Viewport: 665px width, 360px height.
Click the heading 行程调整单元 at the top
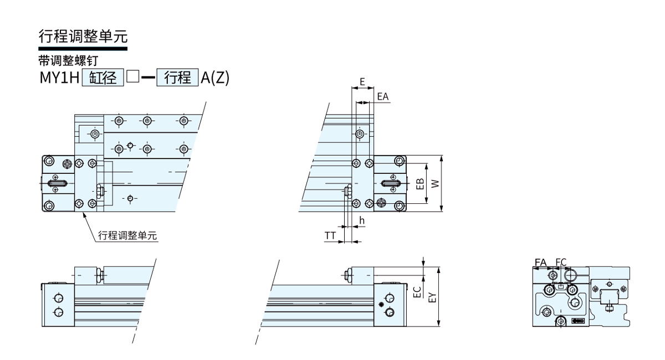(x=83, y=37)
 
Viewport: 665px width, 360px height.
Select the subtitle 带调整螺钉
(x=68, y=61)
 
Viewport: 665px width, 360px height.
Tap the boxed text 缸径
(x=103, y=78)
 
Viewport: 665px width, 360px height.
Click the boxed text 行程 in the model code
(x=177, y=78)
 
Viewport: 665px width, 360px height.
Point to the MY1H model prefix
(x=59, y=78)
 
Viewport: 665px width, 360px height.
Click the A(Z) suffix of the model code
(x=215, y=78)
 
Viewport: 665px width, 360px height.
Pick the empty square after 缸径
(x=132, y=76)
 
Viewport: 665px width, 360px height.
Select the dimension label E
(x=362, y=81)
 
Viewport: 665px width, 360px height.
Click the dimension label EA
(x=383, y=96)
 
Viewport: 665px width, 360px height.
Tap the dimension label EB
(x=420, y=184)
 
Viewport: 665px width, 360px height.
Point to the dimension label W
(x=435, y=184)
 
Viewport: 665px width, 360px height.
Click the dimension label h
(x=361, y=220)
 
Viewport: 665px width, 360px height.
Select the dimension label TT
(x=330, y=235)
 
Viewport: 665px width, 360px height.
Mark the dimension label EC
(x=417, y=292)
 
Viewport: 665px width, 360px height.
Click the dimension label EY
(x=433, y=297)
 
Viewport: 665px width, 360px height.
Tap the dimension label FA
(x=541, y=263)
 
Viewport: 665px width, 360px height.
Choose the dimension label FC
(x=561, y=263)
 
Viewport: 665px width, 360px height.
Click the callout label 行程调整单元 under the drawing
(x=127, y=235)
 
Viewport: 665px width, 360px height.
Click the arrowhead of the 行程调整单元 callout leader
(x=84, y=214)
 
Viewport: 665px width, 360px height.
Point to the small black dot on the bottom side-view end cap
(x=381, y=305)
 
